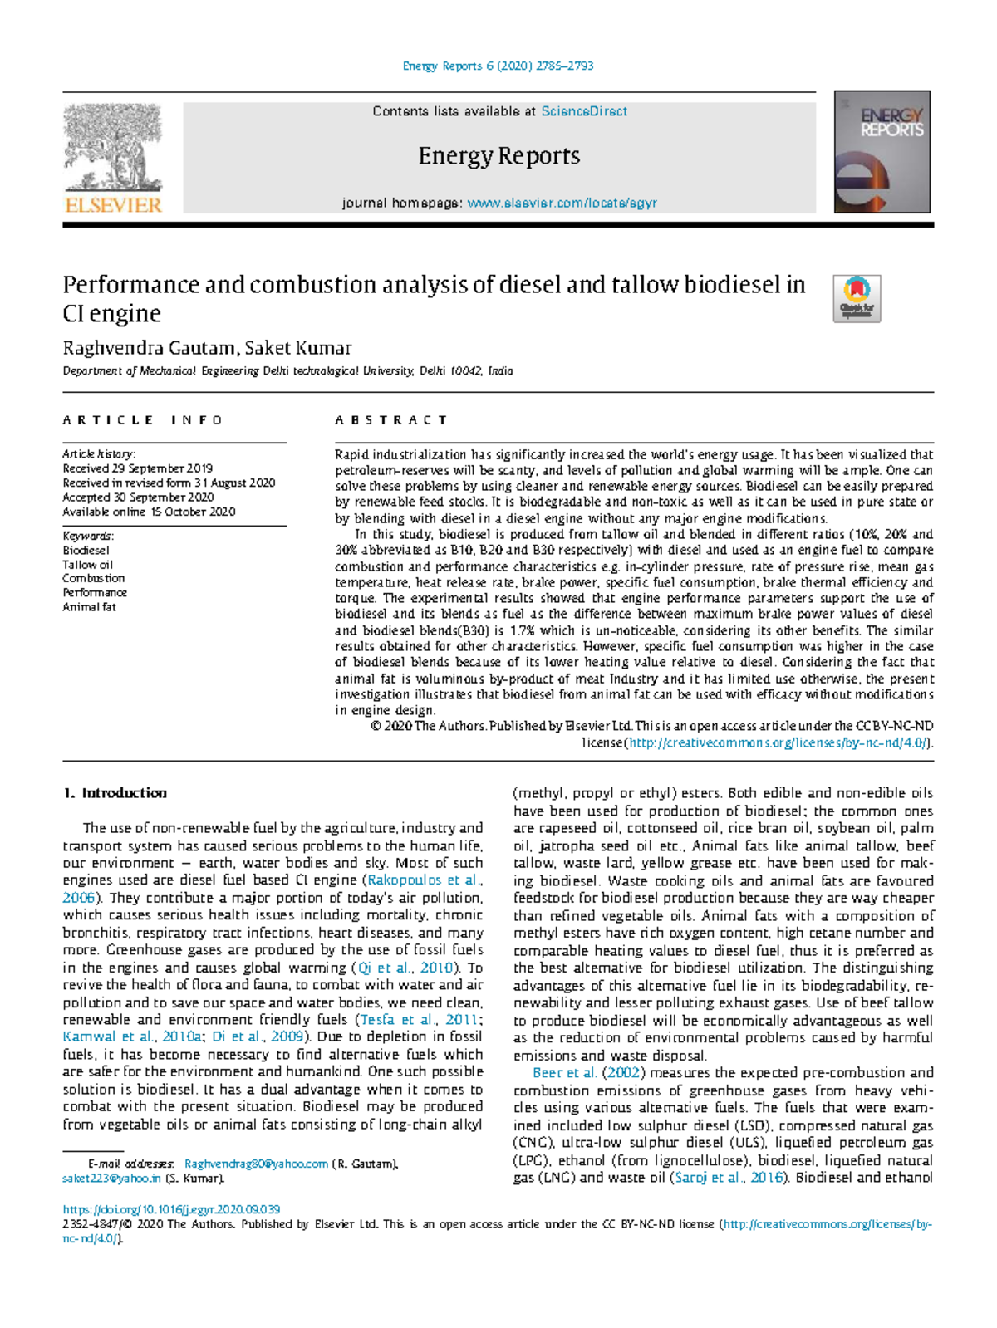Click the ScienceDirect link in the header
click(x=584, y=111)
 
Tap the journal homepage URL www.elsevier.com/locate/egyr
click(x=562, y=203)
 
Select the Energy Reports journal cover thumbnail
click(x=882, y=153)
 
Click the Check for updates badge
click(x=857, y=298)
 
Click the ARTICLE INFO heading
click(x=142, y=420)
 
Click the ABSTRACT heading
click(x=391, y=420)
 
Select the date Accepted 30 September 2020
click(x=138, y=497)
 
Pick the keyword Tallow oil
click(x=87, y=565)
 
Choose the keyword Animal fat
click(x=89, y=607)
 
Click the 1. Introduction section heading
click(x=115, y=793)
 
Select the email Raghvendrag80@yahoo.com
click(x=256, y=1164)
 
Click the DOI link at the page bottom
click(x=171, y=1209)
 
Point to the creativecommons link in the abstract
click(x=779, y=742)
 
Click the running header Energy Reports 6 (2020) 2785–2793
click(x=498, y=66)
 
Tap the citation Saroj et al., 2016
click(x=729, y=1178)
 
